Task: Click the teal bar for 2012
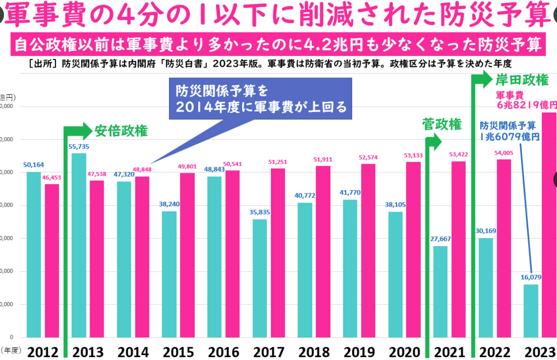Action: click(x=34, y=254)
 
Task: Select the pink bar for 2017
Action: click(x=278, y=253)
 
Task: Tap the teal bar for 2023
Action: click(x=531, y=310)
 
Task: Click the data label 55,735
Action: click(x=78, y=146)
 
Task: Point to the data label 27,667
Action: click(x=440, y=239)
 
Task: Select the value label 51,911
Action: click(x=323, y=159)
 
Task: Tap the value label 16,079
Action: click(x=531, y=277)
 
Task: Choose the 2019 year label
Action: click(x=359, y=352)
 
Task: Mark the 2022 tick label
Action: click(x=495, y=352)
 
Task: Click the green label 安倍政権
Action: click(x=121, y=131)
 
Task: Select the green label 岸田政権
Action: click(x=521, y=80)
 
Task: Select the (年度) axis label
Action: click(x=11, y=350)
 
